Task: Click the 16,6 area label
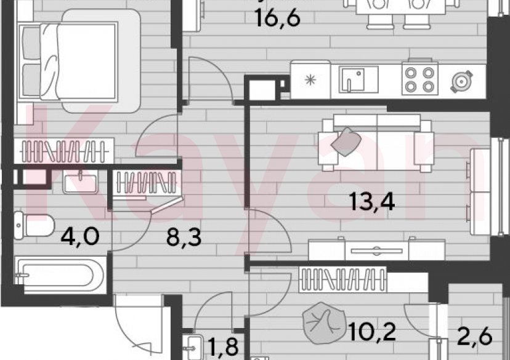click(278, 18)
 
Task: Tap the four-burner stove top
click(419, 79)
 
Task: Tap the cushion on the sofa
click(346, 140)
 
